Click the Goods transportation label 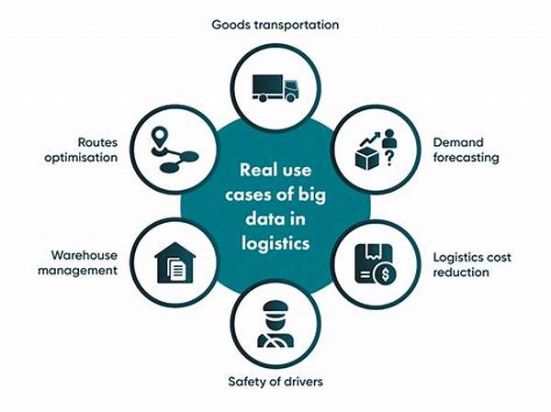click(x=275, y=25)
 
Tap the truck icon click(x=275, y=88)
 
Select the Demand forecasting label click(x=466, y=150)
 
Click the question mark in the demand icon click(x=389, y=159)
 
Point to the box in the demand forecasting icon click(x=367, y=159)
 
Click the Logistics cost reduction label click(x=472, y=264)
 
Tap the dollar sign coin click(x=385, y=274)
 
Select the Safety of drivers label click(x=275, y=382)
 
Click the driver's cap click(x=275, y=308)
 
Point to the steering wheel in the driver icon click(x=275, y=341)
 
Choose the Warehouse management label click(x=78, y=262)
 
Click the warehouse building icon click(x=175, y=262)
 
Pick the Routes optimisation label click(x=81, y=150)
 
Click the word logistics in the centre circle click(x=275, y=244)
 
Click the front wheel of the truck click(x=290, y=98)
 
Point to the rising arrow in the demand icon click(x=370, y=139)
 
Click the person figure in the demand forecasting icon click(x=389, y=139)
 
